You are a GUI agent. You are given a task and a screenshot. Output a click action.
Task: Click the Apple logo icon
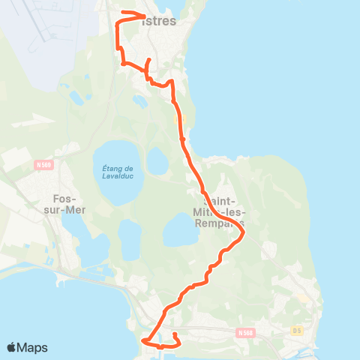pos(13,347)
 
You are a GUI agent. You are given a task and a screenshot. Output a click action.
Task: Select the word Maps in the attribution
pos(34,347)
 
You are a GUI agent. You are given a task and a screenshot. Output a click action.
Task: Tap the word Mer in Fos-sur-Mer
pos(73,210)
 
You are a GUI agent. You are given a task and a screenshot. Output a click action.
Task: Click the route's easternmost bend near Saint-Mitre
pos(244,235)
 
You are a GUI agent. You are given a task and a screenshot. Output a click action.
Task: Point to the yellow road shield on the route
pos(178,118)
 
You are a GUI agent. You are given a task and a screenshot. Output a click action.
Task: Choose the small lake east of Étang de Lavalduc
pos(157,160)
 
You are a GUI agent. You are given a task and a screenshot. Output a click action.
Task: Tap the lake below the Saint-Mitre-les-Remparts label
pos(178,229)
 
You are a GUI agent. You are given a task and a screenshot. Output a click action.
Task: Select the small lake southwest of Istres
pos(76,98)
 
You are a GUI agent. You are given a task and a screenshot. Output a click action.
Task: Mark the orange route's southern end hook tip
pos(174,334)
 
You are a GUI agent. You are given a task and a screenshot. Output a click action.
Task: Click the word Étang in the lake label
pos(112,168)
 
